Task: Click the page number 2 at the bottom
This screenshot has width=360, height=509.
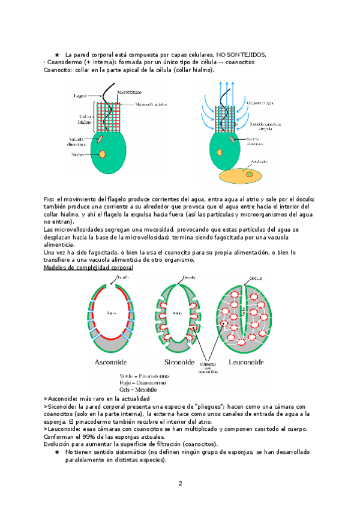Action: click(180, 483)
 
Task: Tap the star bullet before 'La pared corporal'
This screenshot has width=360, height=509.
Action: click(56, 55)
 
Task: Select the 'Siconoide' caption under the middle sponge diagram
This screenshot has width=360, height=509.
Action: click(179, 362)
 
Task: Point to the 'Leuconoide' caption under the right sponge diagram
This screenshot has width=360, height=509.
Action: click(247, 362)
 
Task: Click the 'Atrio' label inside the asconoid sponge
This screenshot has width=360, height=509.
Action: click(110, 313)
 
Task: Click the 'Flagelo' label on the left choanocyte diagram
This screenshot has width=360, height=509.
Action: click(81, 95)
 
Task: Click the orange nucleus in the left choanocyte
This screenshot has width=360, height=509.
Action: click(103, 154)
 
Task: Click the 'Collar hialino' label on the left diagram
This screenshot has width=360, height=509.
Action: click(85, 118)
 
